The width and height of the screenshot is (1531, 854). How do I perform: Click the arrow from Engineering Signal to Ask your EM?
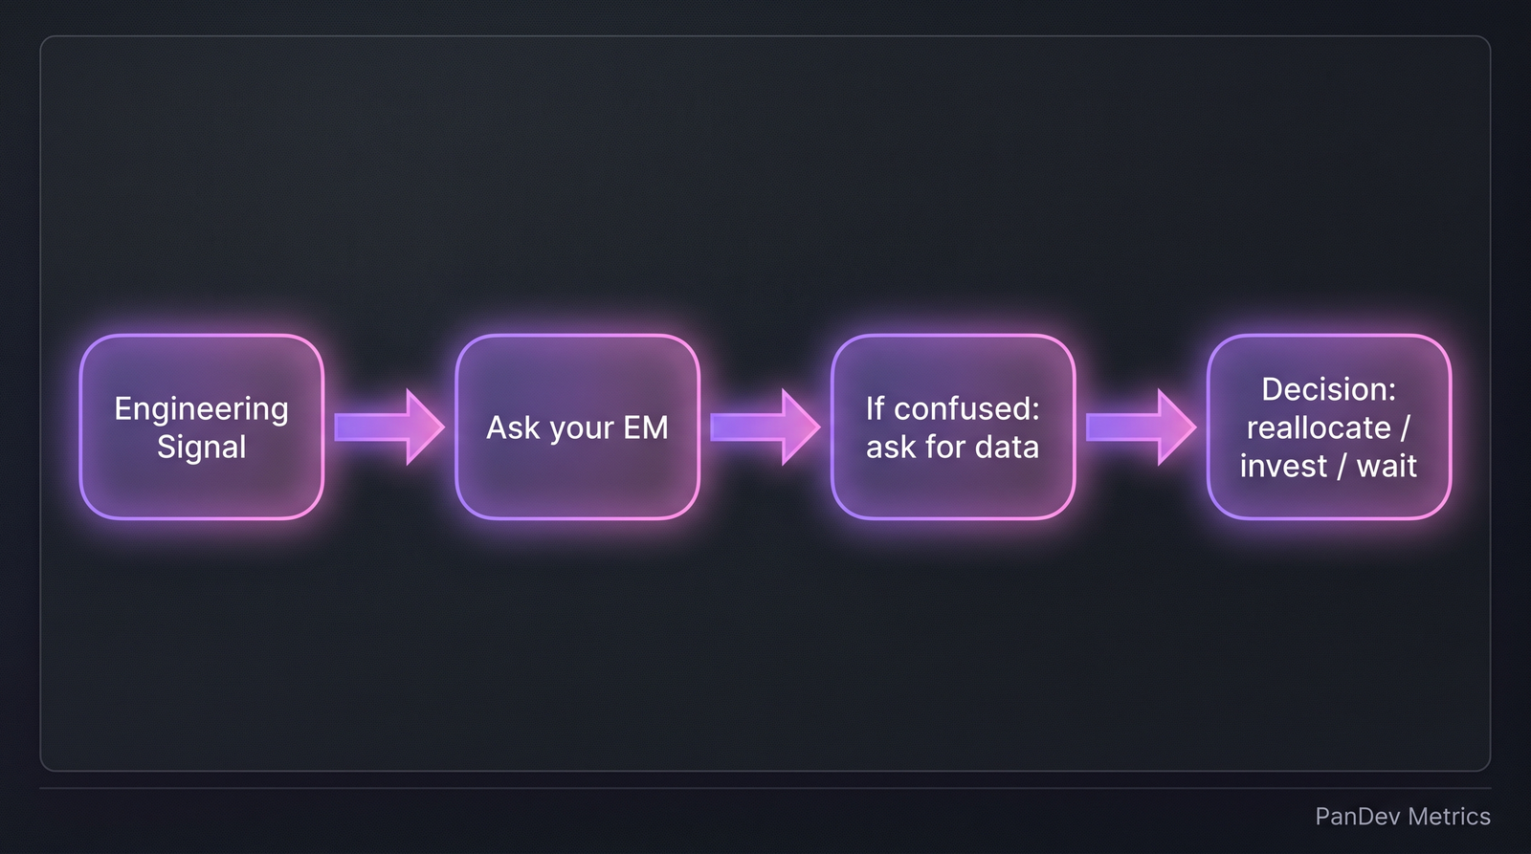(x=388, y=427)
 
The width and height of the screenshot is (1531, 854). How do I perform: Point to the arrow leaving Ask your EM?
(x=765, y=427)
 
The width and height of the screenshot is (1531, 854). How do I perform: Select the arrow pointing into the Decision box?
(x=1141, y=427)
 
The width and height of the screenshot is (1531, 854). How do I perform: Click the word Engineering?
(x=201, y=408)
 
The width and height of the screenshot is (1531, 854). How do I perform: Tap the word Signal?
(x=201, y=447)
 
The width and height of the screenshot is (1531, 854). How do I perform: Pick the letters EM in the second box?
(x=646, y=427)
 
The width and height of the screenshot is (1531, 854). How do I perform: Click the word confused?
(x=966, y=408)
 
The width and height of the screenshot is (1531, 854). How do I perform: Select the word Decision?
(x=1328, y=389)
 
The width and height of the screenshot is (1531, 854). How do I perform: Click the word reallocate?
(x=1318, y=427)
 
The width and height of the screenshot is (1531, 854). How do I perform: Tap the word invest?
(x=1282, y=466)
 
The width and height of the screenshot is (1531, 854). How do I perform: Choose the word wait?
(x=1387, y=466)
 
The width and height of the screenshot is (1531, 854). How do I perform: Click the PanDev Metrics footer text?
(x=1402, y=816)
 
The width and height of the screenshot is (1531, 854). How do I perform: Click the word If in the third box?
(x=875, y=408)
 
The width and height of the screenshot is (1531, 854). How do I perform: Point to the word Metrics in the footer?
(x=1449, y=816)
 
